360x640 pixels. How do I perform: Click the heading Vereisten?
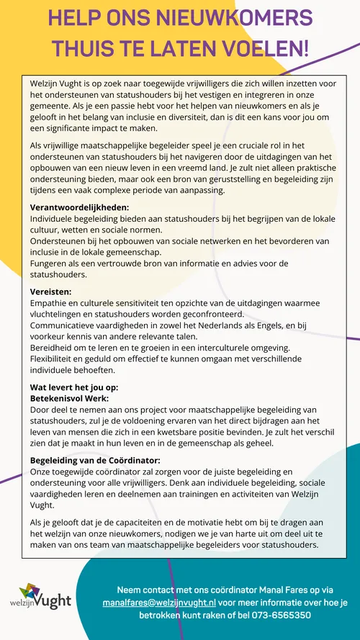[51, 292]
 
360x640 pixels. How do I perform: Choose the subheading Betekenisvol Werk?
[69, 398]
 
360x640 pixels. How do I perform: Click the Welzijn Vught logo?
[45, 598]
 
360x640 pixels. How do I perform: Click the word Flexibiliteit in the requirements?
[58, 359]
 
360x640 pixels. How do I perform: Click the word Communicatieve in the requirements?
[66, 325]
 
